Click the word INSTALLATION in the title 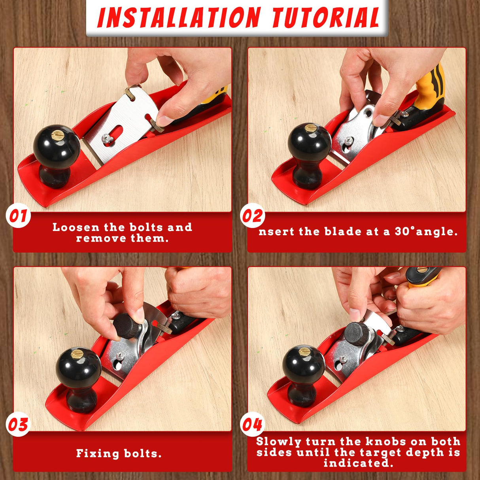point(179,17)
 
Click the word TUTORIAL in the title point(325,17)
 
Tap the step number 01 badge point(18,216)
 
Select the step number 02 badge point(252,216)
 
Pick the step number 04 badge point(252,425)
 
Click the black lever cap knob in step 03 point(127,326)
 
